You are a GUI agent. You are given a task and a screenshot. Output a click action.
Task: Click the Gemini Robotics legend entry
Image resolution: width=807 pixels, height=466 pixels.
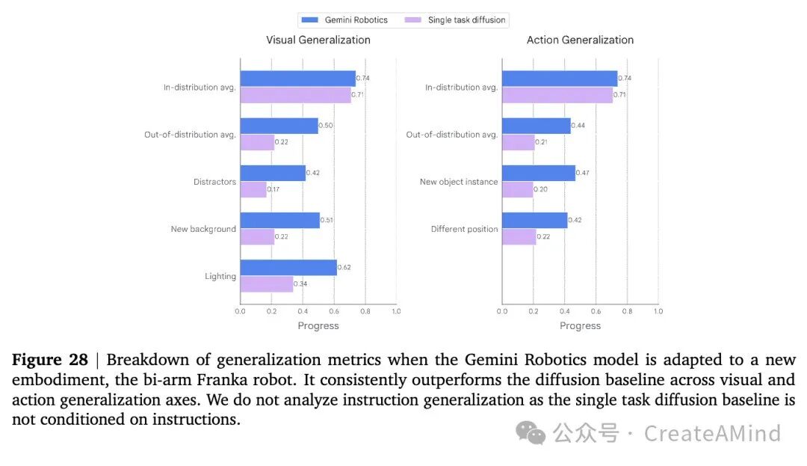(344, 20)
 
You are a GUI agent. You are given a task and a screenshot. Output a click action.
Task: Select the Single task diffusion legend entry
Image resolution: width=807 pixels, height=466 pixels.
(455, 20)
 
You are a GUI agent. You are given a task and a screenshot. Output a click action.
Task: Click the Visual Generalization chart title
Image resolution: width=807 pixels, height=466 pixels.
(318, 40)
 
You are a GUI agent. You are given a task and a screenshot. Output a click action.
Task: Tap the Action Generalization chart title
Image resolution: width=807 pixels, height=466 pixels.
(580, 40)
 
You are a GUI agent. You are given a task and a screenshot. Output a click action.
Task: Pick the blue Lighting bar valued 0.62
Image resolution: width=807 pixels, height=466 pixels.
(288, 268)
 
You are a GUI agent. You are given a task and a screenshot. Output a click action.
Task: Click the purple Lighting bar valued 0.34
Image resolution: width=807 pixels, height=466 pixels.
(267, 284)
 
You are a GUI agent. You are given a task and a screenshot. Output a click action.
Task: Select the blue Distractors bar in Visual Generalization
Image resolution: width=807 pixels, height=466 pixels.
(273, 173)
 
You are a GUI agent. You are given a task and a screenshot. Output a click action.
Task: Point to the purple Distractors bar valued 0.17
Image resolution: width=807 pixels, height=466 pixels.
(253, 189)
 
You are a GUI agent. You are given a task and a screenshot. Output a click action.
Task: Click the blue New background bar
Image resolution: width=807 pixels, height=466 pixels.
(280, 221)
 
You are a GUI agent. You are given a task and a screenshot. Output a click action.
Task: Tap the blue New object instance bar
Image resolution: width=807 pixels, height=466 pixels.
(539, 173)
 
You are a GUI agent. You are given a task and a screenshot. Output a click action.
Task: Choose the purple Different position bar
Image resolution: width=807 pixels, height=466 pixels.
(519, 237)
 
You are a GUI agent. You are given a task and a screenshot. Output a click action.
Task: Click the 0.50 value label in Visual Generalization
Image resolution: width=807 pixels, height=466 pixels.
(326, 125)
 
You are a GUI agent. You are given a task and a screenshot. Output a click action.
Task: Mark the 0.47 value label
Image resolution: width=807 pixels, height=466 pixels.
(583, 173)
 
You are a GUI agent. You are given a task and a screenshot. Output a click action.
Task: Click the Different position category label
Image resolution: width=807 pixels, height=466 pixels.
(464, 229)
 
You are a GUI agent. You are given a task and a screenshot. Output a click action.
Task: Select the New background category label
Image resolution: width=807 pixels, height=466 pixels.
(203, 229)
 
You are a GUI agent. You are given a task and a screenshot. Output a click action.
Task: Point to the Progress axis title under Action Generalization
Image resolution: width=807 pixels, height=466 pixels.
(580, 325)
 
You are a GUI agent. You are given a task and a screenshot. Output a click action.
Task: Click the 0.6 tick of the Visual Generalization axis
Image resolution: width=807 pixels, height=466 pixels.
(334, 311)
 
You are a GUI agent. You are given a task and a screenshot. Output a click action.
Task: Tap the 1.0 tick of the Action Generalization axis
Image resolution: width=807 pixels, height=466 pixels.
(658, 311)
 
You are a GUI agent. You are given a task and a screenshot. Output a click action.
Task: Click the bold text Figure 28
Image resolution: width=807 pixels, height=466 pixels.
(50, 360)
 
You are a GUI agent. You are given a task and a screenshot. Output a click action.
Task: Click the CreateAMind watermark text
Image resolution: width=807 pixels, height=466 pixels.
(712, 433)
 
